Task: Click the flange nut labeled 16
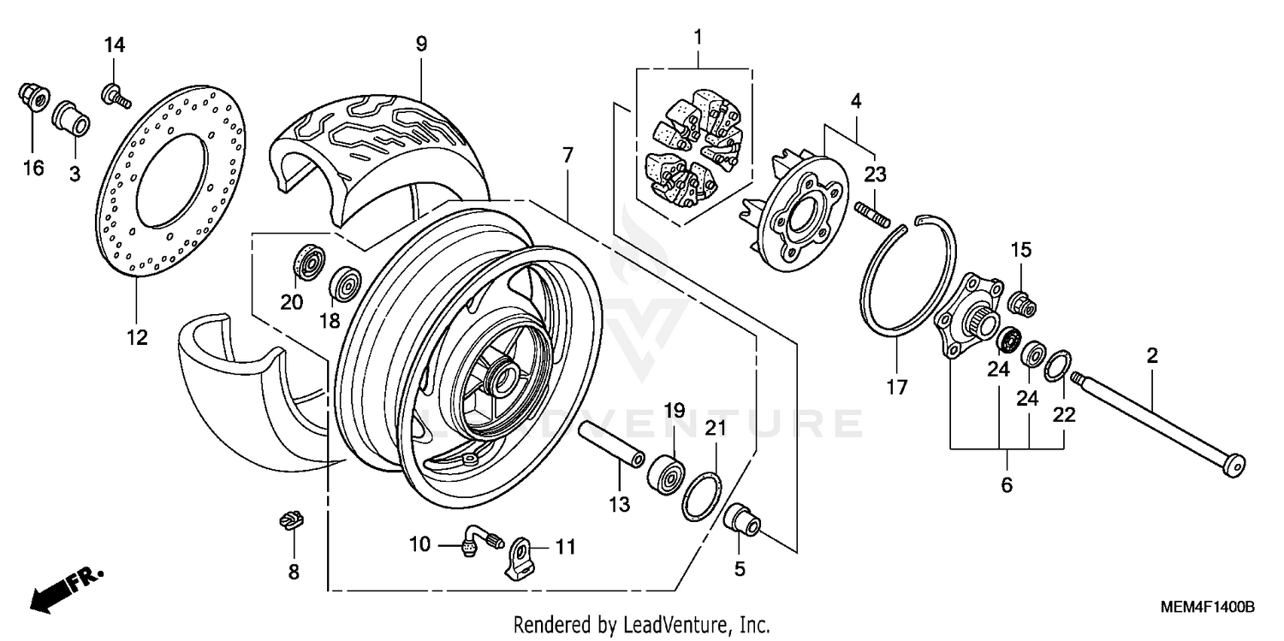32,96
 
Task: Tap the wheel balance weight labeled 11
520,559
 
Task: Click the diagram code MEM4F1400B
1207,607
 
